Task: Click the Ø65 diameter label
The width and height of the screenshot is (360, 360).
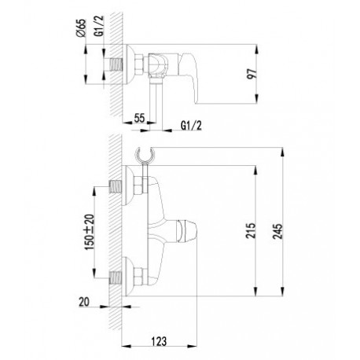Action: click(x=82, y=28)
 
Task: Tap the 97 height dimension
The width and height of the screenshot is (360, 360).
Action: click(x=252, y=74)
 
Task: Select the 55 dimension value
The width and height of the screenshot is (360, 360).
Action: click(x=139, y=118)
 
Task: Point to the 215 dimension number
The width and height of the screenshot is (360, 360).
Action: click(x=251, y=230)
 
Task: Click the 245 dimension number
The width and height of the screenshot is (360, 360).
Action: click(x=278, y=231)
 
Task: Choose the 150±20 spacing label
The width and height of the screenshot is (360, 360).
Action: click(x=90, y=232)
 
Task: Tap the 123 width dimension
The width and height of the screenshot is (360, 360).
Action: click(x=159, y=341)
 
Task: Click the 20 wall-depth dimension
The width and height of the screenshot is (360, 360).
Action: click(x=84, y=302)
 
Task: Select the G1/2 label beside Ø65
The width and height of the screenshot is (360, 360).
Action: click(x=100, y=26)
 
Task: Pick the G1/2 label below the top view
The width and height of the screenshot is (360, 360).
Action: click(x=191, y=126)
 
